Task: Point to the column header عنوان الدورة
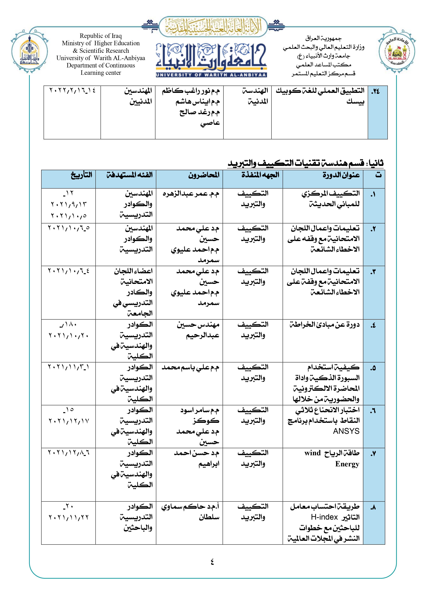[341, 175]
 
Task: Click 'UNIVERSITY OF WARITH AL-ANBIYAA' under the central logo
[211, 75]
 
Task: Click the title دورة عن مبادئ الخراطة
[325, 325]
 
